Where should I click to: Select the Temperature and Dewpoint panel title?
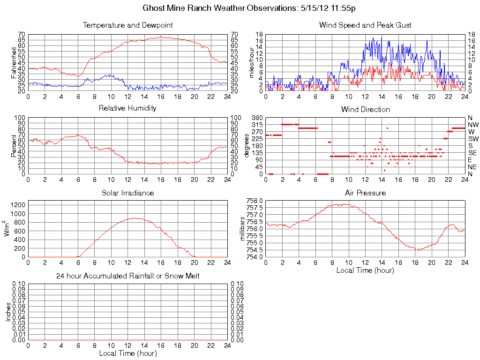coord(127,25)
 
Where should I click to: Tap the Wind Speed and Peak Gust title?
coord(365,25)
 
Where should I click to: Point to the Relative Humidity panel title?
coord(127,108)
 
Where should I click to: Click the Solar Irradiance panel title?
coord(127,193)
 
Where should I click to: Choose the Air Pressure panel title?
coord(365,193)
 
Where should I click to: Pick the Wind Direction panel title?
coord(365,109)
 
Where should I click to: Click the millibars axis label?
coord(242,229)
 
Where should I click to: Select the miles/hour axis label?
coord(252,62)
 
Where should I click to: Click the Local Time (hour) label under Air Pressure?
coord(365,270)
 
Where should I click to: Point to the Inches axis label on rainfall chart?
coord(8,312)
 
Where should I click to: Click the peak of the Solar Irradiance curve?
coord(135,218)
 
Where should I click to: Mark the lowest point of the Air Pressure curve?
coord(416,250)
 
